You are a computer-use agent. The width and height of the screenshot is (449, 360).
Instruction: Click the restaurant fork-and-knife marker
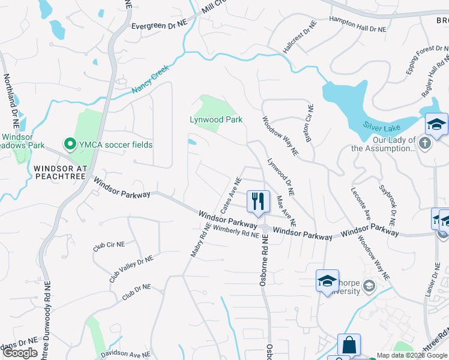pos(258,200)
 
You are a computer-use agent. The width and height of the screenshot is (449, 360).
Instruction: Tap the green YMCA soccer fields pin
pos(70,144)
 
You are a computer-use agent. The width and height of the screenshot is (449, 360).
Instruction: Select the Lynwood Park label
pos(217,119)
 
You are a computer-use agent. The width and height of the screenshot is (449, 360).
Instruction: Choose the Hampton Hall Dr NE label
pos(358,24)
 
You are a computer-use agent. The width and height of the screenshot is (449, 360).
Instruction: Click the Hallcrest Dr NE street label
pos(300,37)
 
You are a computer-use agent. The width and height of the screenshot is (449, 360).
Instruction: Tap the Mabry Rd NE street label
pos(200,240)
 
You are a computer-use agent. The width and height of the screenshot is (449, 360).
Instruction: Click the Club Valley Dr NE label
pos(131,268)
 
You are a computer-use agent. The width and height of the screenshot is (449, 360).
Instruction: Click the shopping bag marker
pos(349,346)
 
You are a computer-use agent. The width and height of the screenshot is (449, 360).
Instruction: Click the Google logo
pos(20,353)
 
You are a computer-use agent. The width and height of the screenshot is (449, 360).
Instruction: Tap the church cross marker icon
pos(425,142)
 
